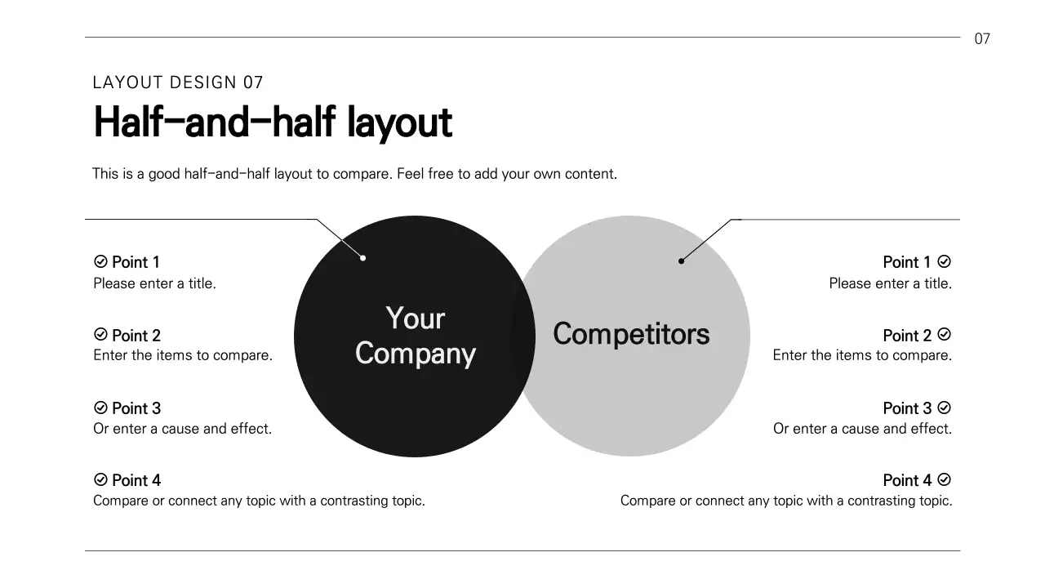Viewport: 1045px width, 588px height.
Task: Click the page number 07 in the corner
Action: pos(982,38)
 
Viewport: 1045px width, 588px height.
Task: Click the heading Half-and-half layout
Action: pos(273,122)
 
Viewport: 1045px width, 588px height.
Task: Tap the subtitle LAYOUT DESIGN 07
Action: pos(178,82)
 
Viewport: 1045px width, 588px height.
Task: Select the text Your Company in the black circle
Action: pos(416,336)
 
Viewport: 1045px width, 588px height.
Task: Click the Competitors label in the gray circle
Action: pos(631,334)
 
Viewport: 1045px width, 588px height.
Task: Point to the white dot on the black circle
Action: pos(363,258)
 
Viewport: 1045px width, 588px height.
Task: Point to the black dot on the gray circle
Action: pos(681,261)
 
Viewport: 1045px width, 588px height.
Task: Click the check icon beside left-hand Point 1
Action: pos(101,261)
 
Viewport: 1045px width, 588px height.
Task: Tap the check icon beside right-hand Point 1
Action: pos(945,261)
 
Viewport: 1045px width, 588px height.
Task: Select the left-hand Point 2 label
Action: pos(136,336)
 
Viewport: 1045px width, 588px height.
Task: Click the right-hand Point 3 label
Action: pos(907,408)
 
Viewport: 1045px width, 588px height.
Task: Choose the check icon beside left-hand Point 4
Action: pos(101,479)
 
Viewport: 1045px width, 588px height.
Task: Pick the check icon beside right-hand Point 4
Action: pos(945,479)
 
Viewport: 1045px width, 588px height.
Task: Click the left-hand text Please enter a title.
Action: pos(154,284)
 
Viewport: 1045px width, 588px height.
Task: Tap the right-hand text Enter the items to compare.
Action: pos(862,355)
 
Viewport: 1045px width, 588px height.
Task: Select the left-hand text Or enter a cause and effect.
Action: pos(182,429)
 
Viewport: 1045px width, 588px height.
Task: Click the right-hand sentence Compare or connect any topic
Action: pos(786,501)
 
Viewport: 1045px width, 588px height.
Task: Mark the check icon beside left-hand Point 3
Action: pos(101,408)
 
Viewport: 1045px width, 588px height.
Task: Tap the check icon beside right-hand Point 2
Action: pos(945,335)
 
